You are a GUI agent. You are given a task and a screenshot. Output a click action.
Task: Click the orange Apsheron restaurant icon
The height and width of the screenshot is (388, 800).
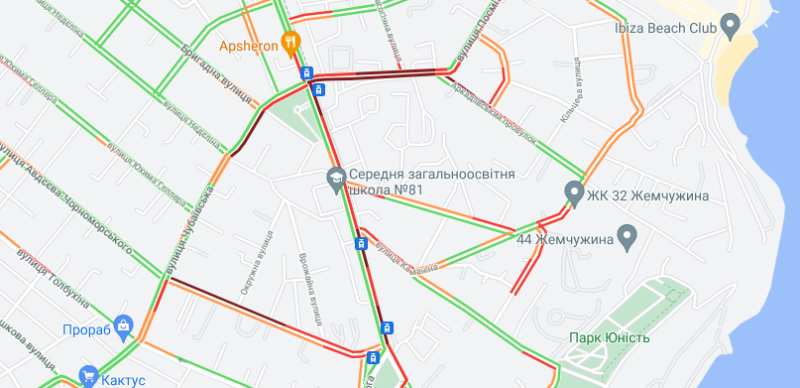(x=290, y=42)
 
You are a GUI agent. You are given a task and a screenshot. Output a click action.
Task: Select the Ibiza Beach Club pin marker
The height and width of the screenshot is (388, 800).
(x=731, y=24)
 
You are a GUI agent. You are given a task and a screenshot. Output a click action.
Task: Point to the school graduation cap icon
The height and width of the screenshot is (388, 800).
(x=335, y=180)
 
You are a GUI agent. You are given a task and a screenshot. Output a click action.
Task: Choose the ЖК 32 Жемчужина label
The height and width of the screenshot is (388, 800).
(x=647, y=194)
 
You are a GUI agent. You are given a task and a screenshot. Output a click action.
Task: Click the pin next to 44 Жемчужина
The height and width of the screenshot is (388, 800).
(x=627, y=237)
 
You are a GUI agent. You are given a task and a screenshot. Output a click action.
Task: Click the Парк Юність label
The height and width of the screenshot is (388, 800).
(x=610, y=338)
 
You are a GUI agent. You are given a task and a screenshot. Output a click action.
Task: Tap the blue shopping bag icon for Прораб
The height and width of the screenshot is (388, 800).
(x=124, y=324)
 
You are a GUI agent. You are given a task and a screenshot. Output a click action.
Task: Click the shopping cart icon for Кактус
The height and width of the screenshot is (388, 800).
(x=89, y=376)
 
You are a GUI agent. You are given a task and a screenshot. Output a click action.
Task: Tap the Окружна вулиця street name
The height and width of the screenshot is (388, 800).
(x=255, y=262)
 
